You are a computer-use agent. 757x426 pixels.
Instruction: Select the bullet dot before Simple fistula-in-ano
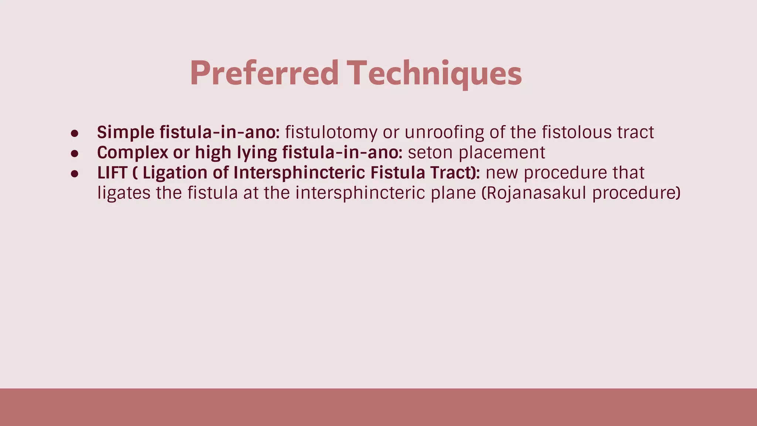tap(75, 133)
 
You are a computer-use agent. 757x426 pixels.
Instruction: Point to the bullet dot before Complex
tap(75, 153)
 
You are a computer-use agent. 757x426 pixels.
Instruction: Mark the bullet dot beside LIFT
tap(75, 173)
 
